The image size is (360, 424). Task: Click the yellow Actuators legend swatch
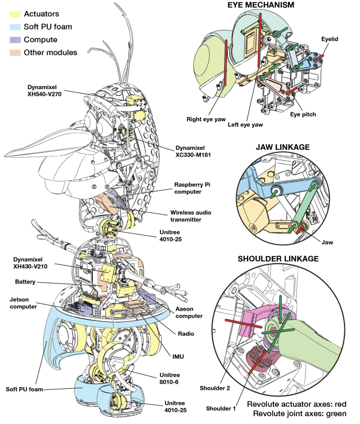pos(15,14)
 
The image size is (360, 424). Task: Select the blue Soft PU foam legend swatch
pos(15,27)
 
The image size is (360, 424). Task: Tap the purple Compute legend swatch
pos(15,40)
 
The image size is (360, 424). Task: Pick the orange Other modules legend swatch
pos(15,53)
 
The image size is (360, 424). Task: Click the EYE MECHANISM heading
pos(260,5)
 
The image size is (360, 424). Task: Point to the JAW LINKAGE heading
pos(283,147)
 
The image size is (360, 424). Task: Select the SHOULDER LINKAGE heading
pos(278,259)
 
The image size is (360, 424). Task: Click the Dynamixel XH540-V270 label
pos(44,91)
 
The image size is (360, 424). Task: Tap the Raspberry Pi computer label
pos(192,188)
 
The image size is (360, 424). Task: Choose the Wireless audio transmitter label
pos(190,216)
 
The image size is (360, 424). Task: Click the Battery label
pos(25,282)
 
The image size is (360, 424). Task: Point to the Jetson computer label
pos(23,303)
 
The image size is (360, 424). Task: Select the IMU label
pos(178,357)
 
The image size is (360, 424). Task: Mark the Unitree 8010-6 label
pos(170,378)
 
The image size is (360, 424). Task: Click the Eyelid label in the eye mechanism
pos(330,39)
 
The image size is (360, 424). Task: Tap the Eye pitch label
pos(303,115)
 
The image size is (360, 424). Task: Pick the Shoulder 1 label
pos(220,408)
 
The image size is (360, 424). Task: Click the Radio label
pos(186,334)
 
